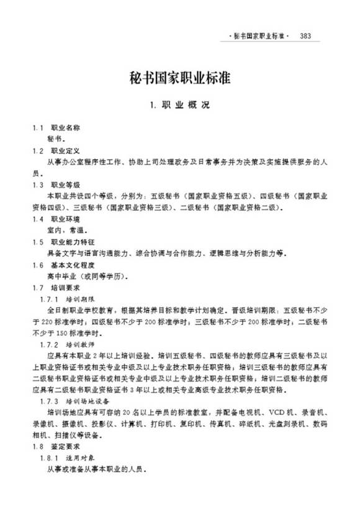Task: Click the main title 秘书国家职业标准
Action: coord(180,79)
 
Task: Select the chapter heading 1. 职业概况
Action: coord(180,105)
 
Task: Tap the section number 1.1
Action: coord(38,127)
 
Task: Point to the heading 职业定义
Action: coord(66,150)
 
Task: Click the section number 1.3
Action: coord(38,185)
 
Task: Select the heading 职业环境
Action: coord(66,220)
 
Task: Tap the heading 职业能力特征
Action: coord(70,242)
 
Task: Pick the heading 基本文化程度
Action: coord(70,265)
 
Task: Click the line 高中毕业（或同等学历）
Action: coord(88,277)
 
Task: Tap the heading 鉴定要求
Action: coord(66,447)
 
